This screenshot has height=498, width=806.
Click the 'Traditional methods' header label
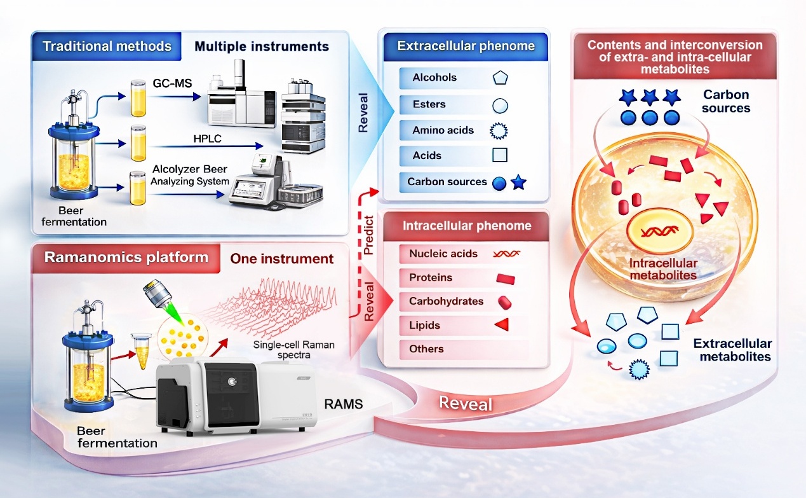pos(107,46)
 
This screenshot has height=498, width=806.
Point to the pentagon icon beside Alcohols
pos(500,78)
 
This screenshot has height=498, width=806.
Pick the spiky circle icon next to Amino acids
pos(500,130)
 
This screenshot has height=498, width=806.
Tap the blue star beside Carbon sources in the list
pos(518,183)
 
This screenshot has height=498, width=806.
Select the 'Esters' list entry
pos(429,104)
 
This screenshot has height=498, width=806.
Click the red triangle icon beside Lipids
pos(502,326)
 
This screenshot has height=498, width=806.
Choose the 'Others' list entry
pos(426,349)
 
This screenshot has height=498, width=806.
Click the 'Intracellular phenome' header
pos(467,226)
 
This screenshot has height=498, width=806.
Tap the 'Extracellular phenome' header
pos(466,46)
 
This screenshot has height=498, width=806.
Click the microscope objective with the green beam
pos(156,294)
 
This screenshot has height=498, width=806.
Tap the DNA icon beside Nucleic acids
pos(506,253)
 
